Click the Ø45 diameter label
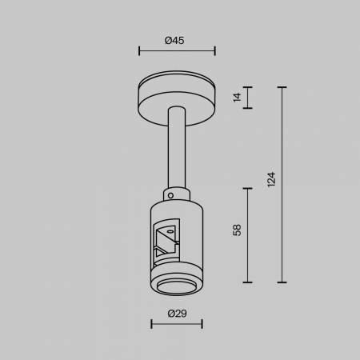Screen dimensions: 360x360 tap(177, 39)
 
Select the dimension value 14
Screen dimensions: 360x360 tap(236, 97)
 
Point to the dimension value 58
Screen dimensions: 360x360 tap(236, 230)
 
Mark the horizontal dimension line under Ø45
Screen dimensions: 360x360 tap(177, 51)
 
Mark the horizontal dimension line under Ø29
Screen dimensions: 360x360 tap(177, 324)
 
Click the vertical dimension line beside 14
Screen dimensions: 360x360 tap(248, 97)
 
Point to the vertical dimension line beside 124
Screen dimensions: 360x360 tap(282, 184)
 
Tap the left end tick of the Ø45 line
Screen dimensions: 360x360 tap(139, 51)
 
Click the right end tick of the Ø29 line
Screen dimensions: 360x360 tap(202, 324)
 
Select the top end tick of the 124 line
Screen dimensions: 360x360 tap(282, 86)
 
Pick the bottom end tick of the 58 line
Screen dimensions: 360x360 tap(248, 282)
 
